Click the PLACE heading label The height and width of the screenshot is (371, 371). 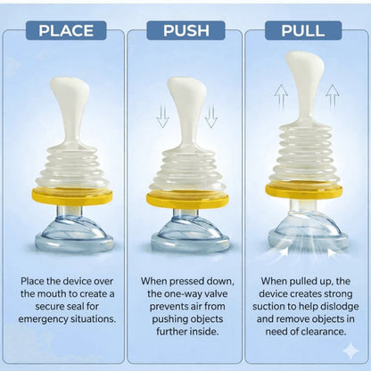click(x=66, y=30)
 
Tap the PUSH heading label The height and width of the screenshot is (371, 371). click(x=185, y=30)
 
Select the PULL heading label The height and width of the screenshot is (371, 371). click(x=303, y=30)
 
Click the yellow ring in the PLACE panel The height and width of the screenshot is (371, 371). click(x=72, y=197)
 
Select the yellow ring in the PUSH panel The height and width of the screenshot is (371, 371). click(x=187, y=200)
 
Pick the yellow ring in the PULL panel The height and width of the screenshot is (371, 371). click(x=304, y=190)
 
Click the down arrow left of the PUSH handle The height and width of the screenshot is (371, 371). click(x=163, y=117)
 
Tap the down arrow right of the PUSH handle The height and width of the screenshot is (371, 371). click(x=211, y=117)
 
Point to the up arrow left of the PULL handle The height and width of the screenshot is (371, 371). click(x=281, y=96)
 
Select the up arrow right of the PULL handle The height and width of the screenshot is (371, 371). click(x=333, y=96)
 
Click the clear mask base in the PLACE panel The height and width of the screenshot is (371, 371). click(x=74, y=234)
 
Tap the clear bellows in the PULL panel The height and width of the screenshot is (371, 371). click(x=304, y=154)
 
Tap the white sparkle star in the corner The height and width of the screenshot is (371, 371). click(x=350, y=350)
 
